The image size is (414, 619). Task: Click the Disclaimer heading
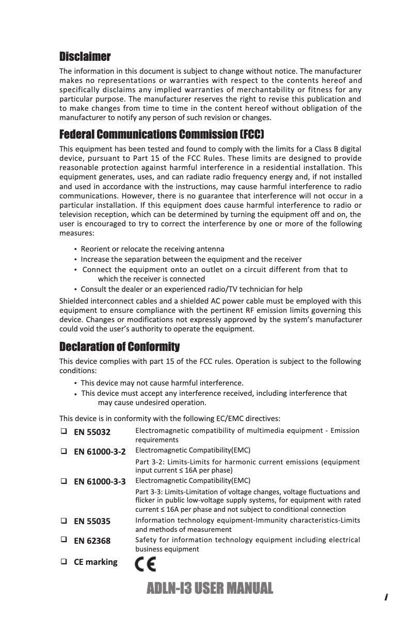coord(85,56)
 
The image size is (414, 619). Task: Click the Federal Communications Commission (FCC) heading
coord(162,135)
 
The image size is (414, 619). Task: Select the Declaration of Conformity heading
coord(120,346)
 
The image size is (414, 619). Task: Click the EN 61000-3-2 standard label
coord(100,452)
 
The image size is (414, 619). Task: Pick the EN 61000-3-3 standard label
coord(100,482)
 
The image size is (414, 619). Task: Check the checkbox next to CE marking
coord(63,561)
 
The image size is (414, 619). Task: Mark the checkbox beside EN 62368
coord(63,540)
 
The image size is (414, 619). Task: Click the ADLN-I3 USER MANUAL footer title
coord(210,588)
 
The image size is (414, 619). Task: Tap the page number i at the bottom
coord(386,597)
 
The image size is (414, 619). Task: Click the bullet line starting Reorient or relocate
coord(152,249)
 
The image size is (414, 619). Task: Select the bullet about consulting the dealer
coord(192,289)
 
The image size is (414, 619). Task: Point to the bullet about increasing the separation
coord(191,259)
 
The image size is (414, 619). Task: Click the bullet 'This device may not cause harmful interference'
coord(162,383)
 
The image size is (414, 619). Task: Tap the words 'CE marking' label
coord(95,562)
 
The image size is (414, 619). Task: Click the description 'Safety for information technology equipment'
coord(247,540)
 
